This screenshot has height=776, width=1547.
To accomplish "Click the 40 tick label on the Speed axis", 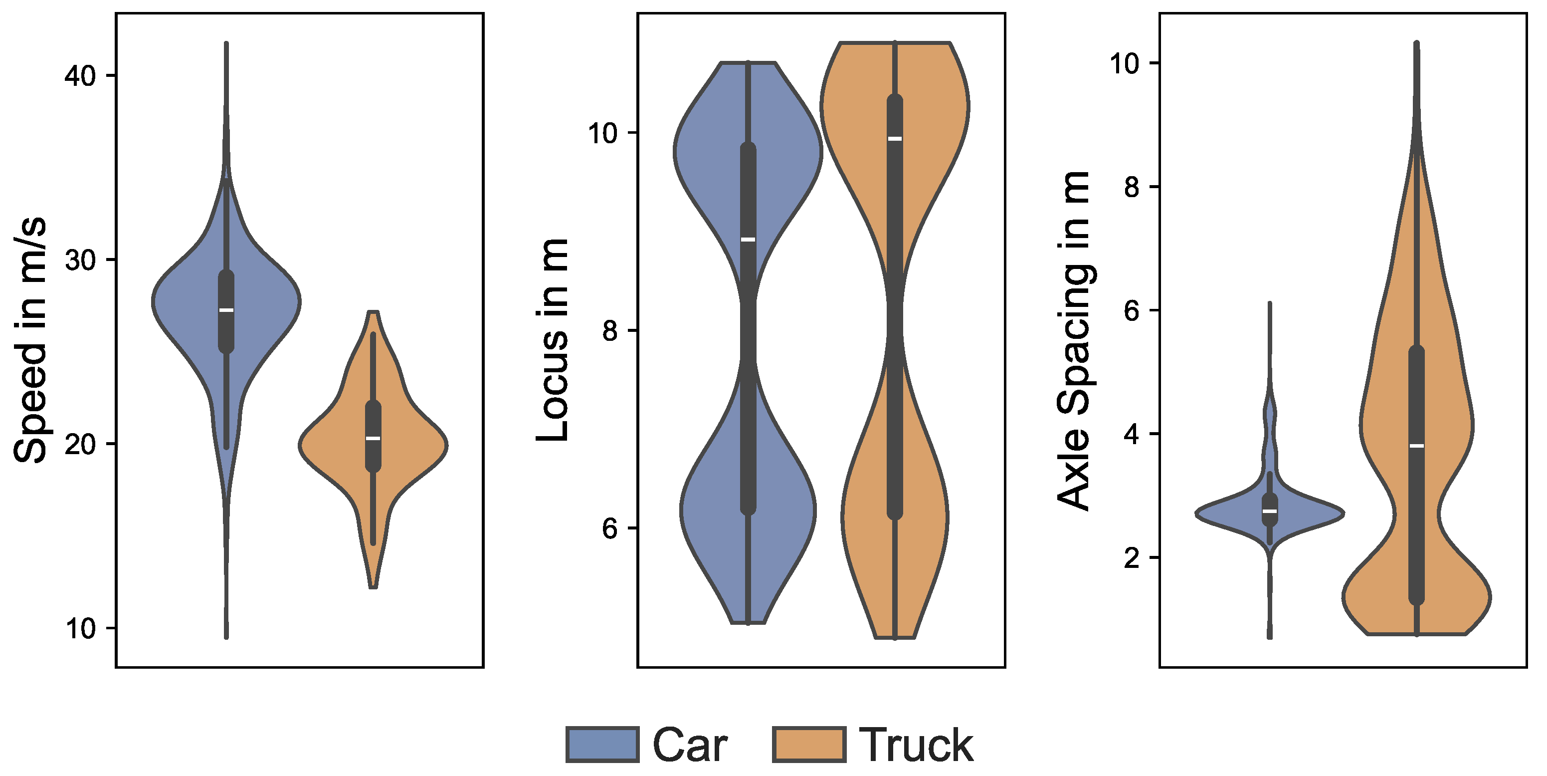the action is (x=80, y=76).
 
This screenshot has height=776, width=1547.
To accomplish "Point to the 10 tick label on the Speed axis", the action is (x=80, y=629).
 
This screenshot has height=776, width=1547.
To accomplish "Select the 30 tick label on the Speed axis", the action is (x=80, y=261).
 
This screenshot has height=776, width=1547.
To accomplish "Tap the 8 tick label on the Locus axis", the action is (x=610, y=330).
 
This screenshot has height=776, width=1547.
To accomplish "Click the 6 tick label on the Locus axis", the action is (x=610, y=529).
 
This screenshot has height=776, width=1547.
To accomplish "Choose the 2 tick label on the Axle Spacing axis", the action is (x=1132, y=558).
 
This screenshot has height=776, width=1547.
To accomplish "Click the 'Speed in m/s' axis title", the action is (x=30, y=340).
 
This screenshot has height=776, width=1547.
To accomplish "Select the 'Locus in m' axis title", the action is (x=552, y=340).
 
